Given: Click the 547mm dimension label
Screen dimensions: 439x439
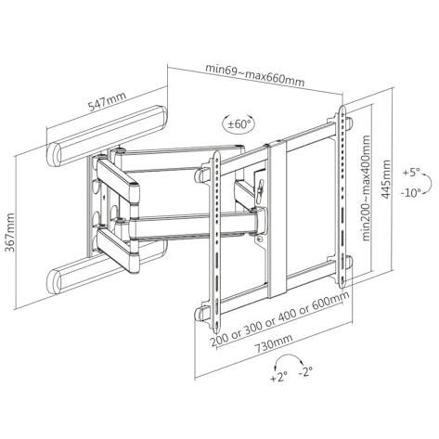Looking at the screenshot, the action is pos(108,101).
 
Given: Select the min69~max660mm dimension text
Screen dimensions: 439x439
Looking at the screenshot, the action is pos(255,75).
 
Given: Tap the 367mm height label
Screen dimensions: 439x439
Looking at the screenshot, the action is pos(10,232).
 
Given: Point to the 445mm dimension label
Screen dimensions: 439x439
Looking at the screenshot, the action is pos(385,179).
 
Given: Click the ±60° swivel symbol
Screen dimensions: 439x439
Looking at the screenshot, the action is pos(239,124).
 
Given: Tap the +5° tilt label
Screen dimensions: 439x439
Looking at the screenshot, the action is pos(411,173).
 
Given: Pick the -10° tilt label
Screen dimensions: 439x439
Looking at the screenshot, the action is pos(411,193).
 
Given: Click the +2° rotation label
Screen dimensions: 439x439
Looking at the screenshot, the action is pos(279,378).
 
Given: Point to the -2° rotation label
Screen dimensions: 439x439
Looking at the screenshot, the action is pos(305,371).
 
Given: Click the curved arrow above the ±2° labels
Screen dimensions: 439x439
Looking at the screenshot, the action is pos(289,356).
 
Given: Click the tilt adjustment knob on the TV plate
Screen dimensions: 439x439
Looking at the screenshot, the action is pos(260,187).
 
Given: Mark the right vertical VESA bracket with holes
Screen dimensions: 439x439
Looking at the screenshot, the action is pos(342,197).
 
